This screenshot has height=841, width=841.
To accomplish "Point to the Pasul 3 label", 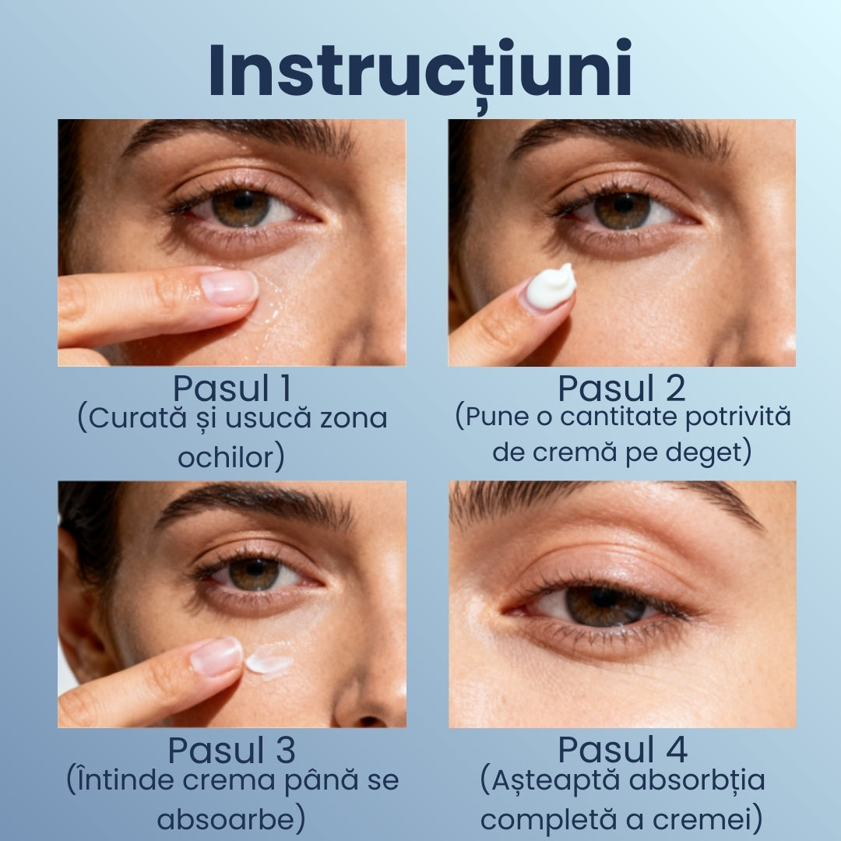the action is (232, 750).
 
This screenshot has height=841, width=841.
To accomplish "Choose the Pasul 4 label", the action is (622, 750).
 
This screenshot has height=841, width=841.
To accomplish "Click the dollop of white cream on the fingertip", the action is (551, 287).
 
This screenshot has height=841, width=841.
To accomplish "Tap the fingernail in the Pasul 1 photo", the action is (229, 287).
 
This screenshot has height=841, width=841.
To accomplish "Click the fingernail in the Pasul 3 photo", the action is (216, 656).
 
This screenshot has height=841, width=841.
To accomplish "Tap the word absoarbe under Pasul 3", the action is (227, 820).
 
